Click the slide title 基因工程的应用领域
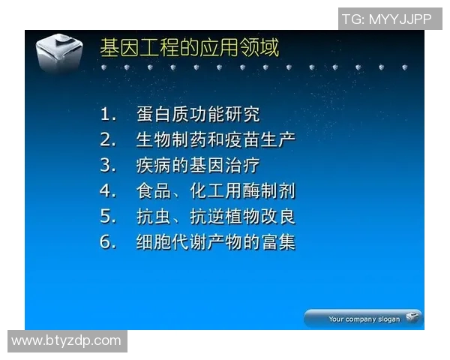pos(190,48)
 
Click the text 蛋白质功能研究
pos(198,115)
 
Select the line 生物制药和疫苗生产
pos(215,139)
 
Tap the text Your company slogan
pos(364,319)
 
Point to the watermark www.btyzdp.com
pos(66,340)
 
